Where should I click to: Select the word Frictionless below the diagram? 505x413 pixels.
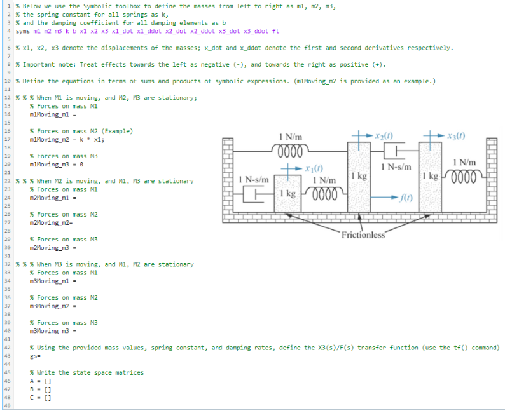[363, 235]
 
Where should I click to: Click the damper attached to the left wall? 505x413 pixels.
[257, 193]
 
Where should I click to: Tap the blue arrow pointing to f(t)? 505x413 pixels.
[384, 197]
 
